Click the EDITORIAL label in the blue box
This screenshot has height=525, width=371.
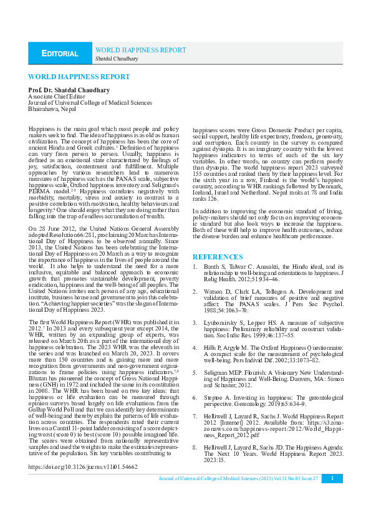point(60,54)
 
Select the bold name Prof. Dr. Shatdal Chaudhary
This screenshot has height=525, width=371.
point(69,90)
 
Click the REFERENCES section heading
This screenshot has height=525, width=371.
point(218,257)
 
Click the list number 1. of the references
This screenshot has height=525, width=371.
point(195,266)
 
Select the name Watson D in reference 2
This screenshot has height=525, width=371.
point(218,291)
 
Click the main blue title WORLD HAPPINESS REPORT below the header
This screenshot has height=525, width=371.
point(79,77)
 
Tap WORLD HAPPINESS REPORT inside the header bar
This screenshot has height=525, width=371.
point(140,50)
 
